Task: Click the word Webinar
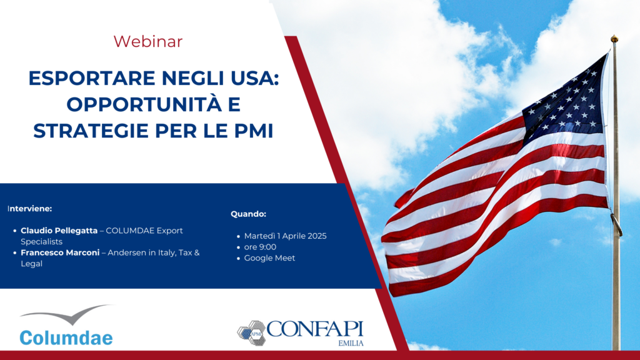(147, 42)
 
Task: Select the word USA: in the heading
(253, 78)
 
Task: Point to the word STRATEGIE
(91, 131)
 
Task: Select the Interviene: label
(30, 209)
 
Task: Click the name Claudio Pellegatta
(59, 231)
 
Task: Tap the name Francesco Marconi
(60, 252)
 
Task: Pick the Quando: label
(248, 214)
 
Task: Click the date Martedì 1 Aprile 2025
(285, 236)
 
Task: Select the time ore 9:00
(260, 247)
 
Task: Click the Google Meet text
(269, 258)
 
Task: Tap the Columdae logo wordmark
(66, 338)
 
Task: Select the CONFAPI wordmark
(315, 329)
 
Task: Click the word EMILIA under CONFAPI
(351, 343)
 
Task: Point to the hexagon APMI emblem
(251, 333)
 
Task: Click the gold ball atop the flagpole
(614, 39)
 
